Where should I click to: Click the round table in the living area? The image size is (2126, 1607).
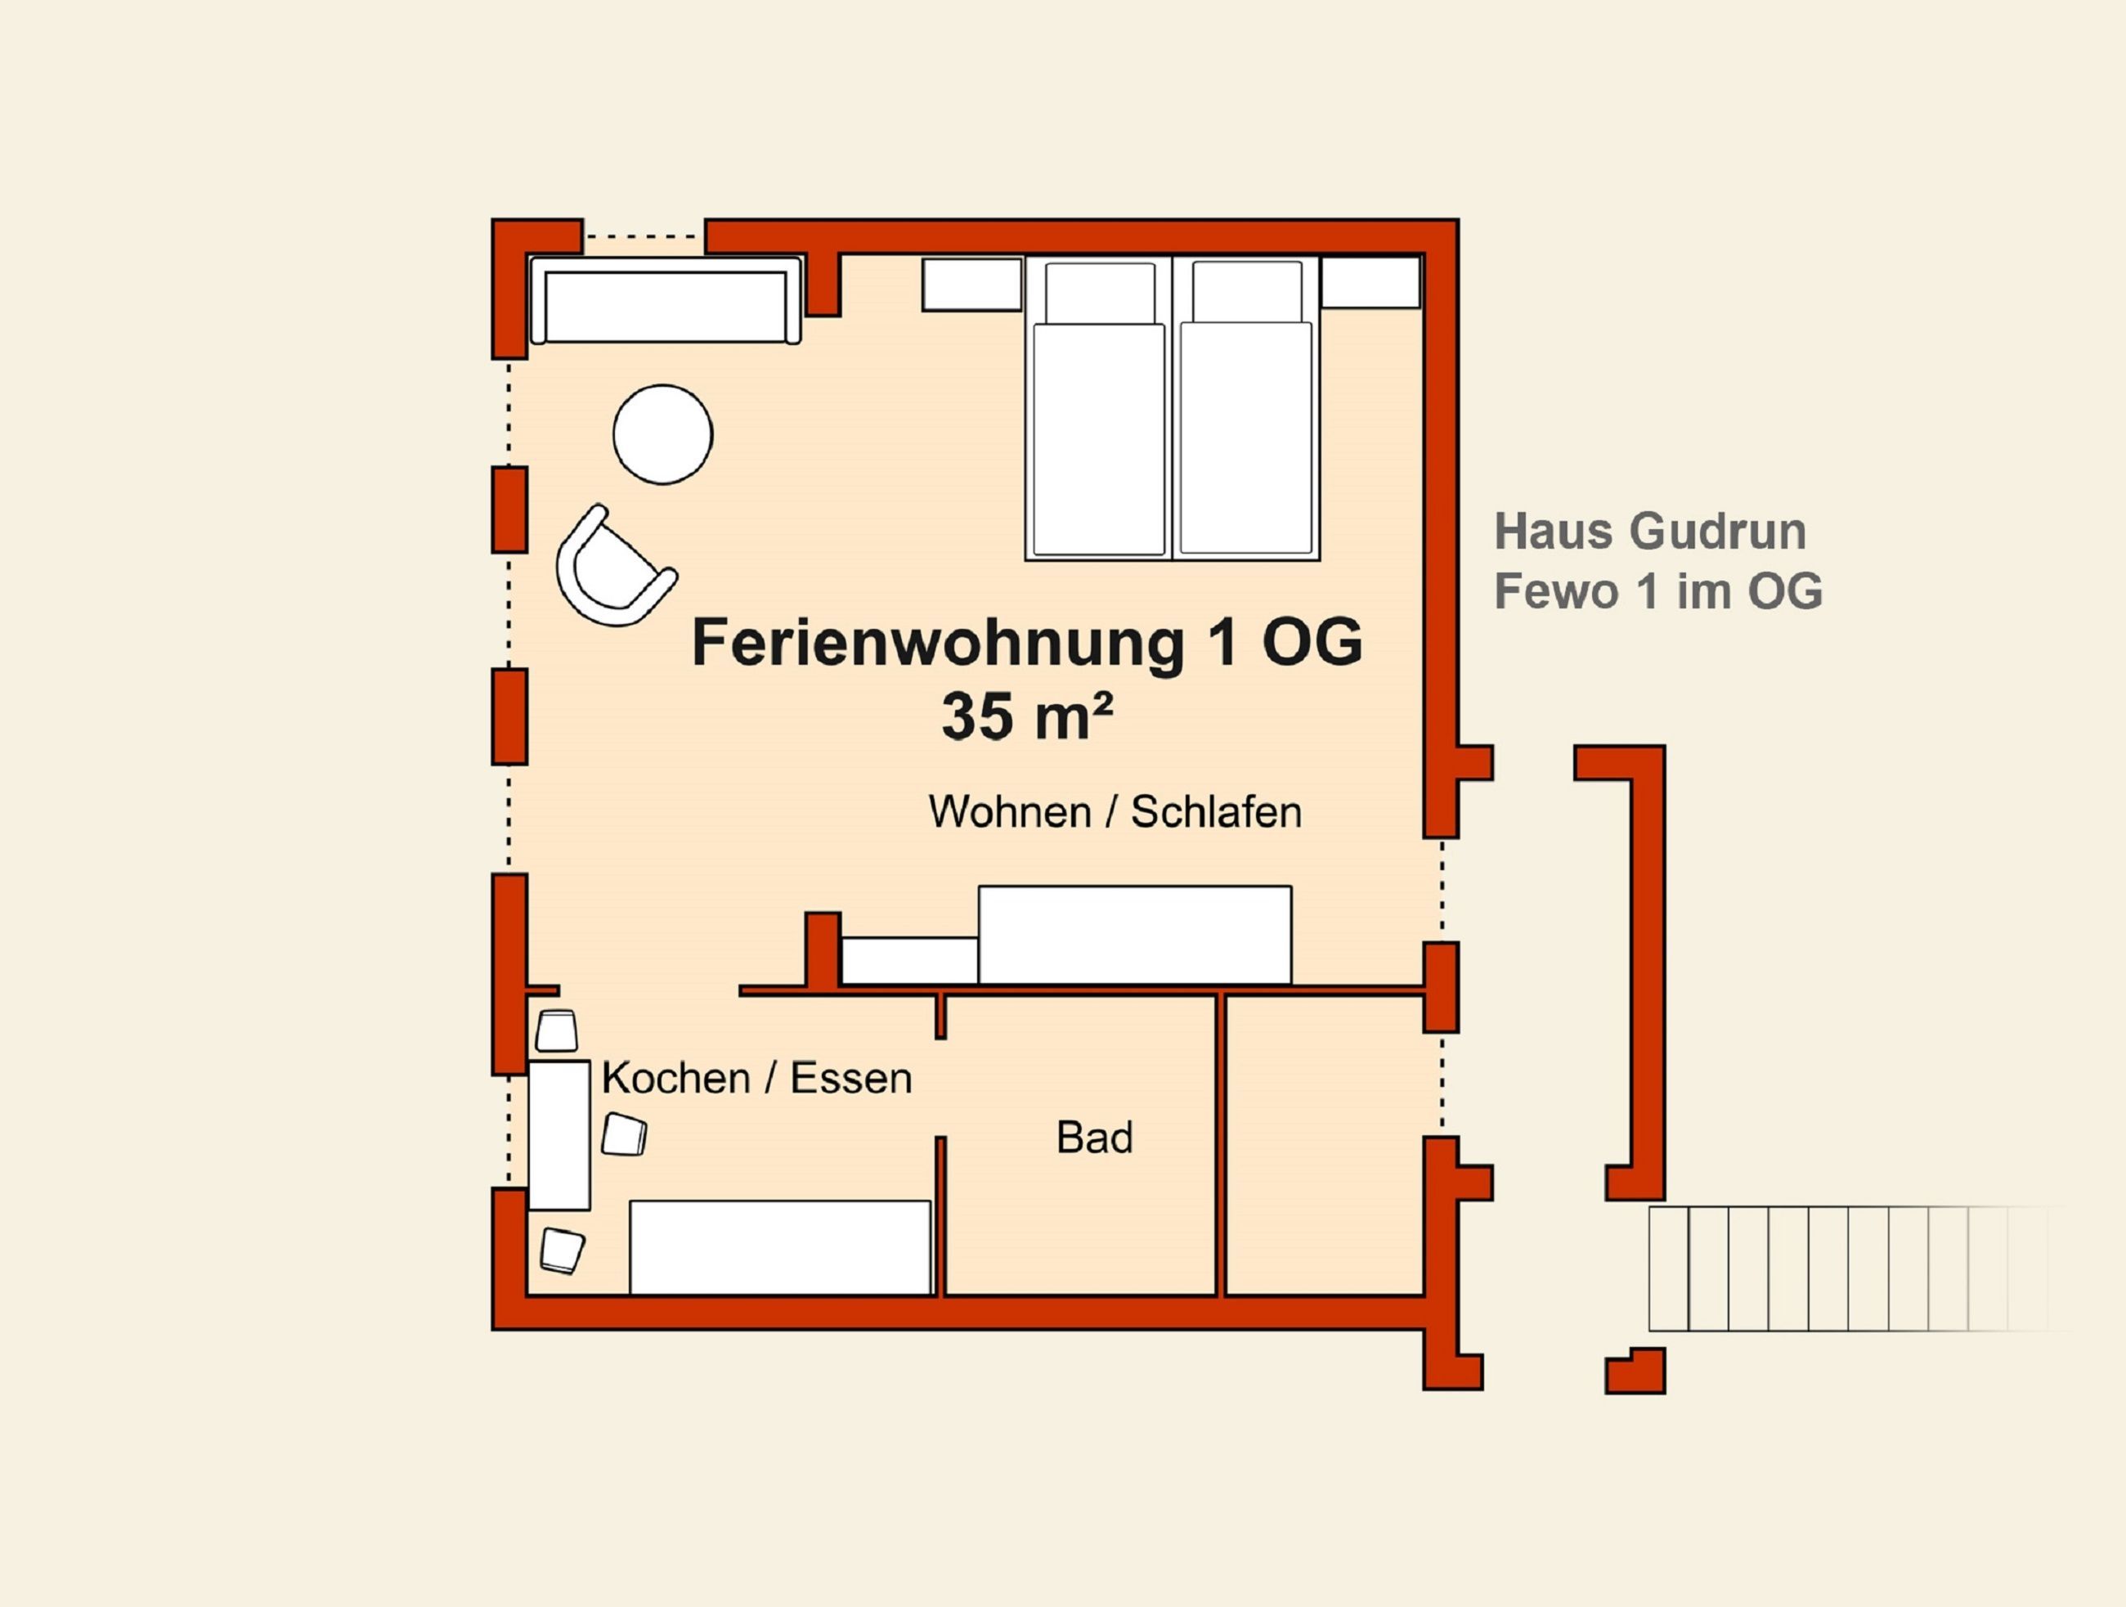coord(662,434)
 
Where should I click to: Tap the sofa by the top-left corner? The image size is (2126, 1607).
coord(665,300)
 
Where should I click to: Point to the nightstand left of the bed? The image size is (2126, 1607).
coord(971,285)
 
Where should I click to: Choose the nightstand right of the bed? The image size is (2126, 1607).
coord(1370,283)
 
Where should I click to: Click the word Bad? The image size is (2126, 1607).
coord(1095,1138)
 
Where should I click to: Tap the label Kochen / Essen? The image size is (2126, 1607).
coord(756,1079)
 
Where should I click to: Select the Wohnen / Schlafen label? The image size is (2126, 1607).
coord(1115,812)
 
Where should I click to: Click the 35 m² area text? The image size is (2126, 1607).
coord(1028,716)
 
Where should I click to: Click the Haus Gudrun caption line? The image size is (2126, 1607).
coord(1650,532)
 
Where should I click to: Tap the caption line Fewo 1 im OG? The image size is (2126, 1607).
coord(1658,591)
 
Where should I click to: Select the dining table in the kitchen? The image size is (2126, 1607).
coord(559,1135)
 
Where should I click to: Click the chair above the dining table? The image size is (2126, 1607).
coord(557,1031)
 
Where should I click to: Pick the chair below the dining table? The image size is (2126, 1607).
coord(563,1250)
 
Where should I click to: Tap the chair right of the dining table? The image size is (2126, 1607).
coord(624,1134)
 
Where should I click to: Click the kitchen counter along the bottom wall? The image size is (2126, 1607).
coord(780,1247)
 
